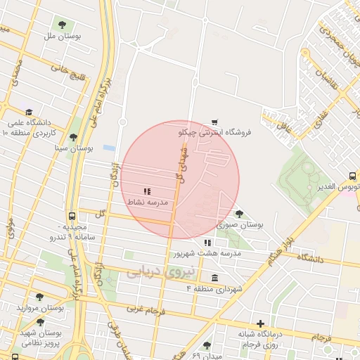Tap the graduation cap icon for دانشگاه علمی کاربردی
tap(29, 112)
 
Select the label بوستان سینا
tap(74, 149)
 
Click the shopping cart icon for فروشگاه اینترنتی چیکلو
tap(214, 122)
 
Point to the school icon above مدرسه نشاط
tap(147, 191)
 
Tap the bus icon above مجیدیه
tap(72, 217)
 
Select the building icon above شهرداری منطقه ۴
tap(214, 278)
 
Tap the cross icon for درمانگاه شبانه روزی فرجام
tap(260, 323)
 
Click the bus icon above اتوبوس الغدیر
tap(351, 176)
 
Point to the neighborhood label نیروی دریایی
tap(151, 272)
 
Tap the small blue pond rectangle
tap(109, 148)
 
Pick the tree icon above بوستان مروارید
tap(40, 297)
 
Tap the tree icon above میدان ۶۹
tap(206, 345)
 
